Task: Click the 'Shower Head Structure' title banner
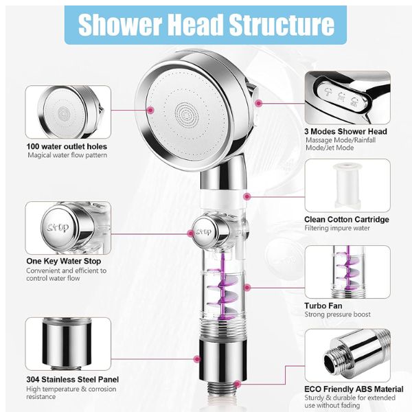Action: click(205, 25)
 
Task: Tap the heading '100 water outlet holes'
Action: click(67, 146)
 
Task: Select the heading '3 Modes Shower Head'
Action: click(345, 131)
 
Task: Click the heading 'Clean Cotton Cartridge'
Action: click(347, 220)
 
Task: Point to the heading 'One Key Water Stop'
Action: click(64, 261)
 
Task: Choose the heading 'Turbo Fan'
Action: click(323, 306)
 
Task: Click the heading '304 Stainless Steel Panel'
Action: click(73, 380)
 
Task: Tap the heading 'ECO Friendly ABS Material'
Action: click(354, 389)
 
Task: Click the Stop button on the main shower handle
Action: click(205, 232)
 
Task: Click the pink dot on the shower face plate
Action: click(150, 111)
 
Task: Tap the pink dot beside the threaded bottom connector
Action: click(237, 384)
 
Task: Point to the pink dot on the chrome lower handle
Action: click(197, 359)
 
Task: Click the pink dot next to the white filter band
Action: click(247, 196)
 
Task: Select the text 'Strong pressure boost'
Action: click(337, 314)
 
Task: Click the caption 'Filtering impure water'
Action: click(337, 228)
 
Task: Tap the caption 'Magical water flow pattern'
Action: click(67, 155)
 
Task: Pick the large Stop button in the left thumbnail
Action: click(58, 227)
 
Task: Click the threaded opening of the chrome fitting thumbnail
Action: click(333, 360)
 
